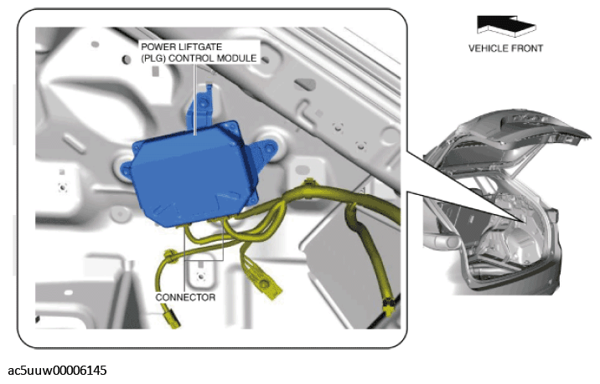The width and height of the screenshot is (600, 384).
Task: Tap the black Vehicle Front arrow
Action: click(x=506, y=26)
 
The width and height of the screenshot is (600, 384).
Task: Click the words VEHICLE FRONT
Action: click(x=505, y=49)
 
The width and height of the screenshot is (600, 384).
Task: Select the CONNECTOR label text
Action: click(x=185, y=297)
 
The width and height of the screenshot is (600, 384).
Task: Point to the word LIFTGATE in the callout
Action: click(x=200, y=47)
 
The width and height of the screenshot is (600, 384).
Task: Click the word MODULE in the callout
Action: click(x=237, y=59)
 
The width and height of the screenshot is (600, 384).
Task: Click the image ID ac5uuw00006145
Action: click(x=57, y=371)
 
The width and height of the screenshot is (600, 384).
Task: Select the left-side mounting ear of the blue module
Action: click(x=127, y=169)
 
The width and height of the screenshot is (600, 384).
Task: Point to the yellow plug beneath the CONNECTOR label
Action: click(x=172, y=320)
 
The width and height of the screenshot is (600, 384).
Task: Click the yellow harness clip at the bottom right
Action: click(x=390, y=306)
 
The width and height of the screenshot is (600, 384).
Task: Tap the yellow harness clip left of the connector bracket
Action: click(x=169, y=256)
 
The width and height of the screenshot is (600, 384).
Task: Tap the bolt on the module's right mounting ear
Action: click(x=272, y=147)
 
